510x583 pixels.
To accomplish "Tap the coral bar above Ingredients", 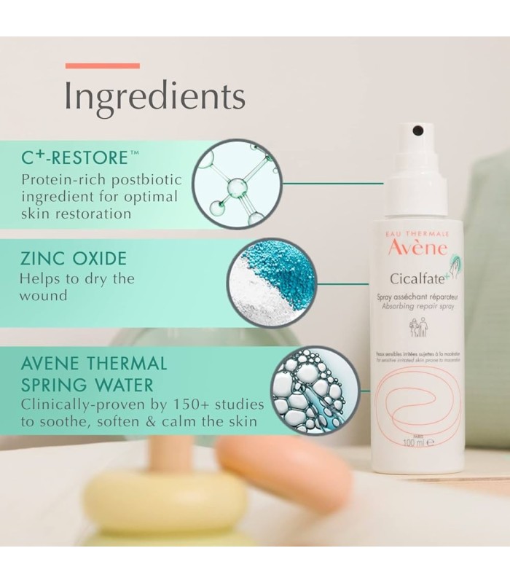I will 102,66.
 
